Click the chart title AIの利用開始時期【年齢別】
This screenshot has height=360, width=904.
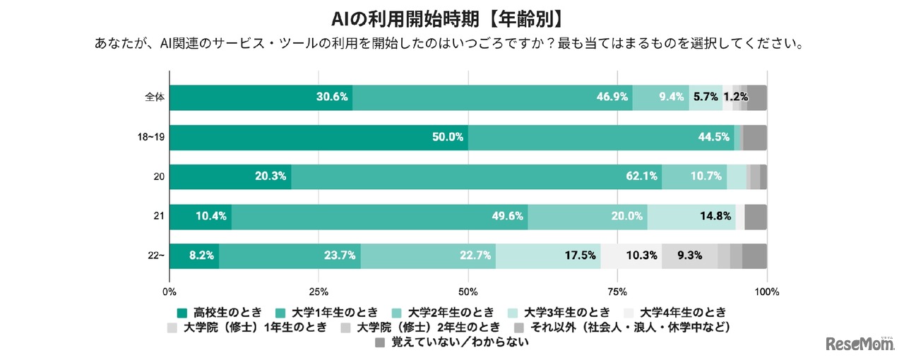pos(451,17)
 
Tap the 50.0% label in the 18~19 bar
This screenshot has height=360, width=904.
pos(448,137)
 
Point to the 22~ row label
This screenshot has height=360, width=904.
pos(155,256)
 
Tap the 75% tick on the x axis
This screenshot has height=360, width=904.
pos(617,292)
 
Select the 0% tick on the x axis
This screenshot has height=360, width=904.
pos(169,292)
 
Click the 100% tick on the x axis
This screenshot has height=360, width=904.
pos(766,292)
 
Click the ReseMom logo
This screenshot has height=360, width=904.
pos(860,343)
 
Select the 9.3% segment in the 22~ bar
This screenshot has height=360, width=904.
pos(689,256)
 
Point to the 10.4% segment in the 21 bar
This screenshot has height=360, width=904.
pos(201,216)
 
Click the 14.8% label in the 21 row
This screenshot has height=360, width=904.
pos(714,216)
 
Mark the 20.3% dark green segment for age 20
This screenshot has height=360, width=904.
pos(230,176)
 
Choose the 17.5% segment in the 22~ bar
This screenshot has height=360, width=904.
pos(548,256)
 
